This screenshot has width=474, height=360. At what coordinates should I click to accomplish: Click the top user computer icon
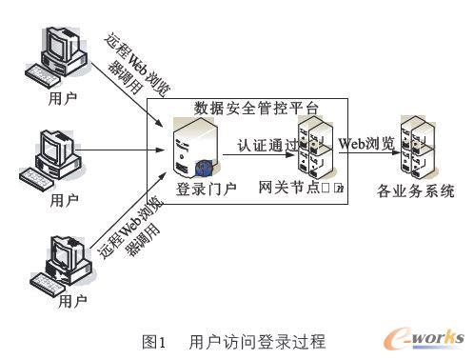point(60,59)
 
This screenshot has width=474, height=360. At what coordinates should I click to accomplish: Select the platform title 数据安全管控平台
point(256,108)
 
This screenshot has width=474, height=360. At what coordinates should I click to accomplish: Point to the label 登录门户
point(198,190)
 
